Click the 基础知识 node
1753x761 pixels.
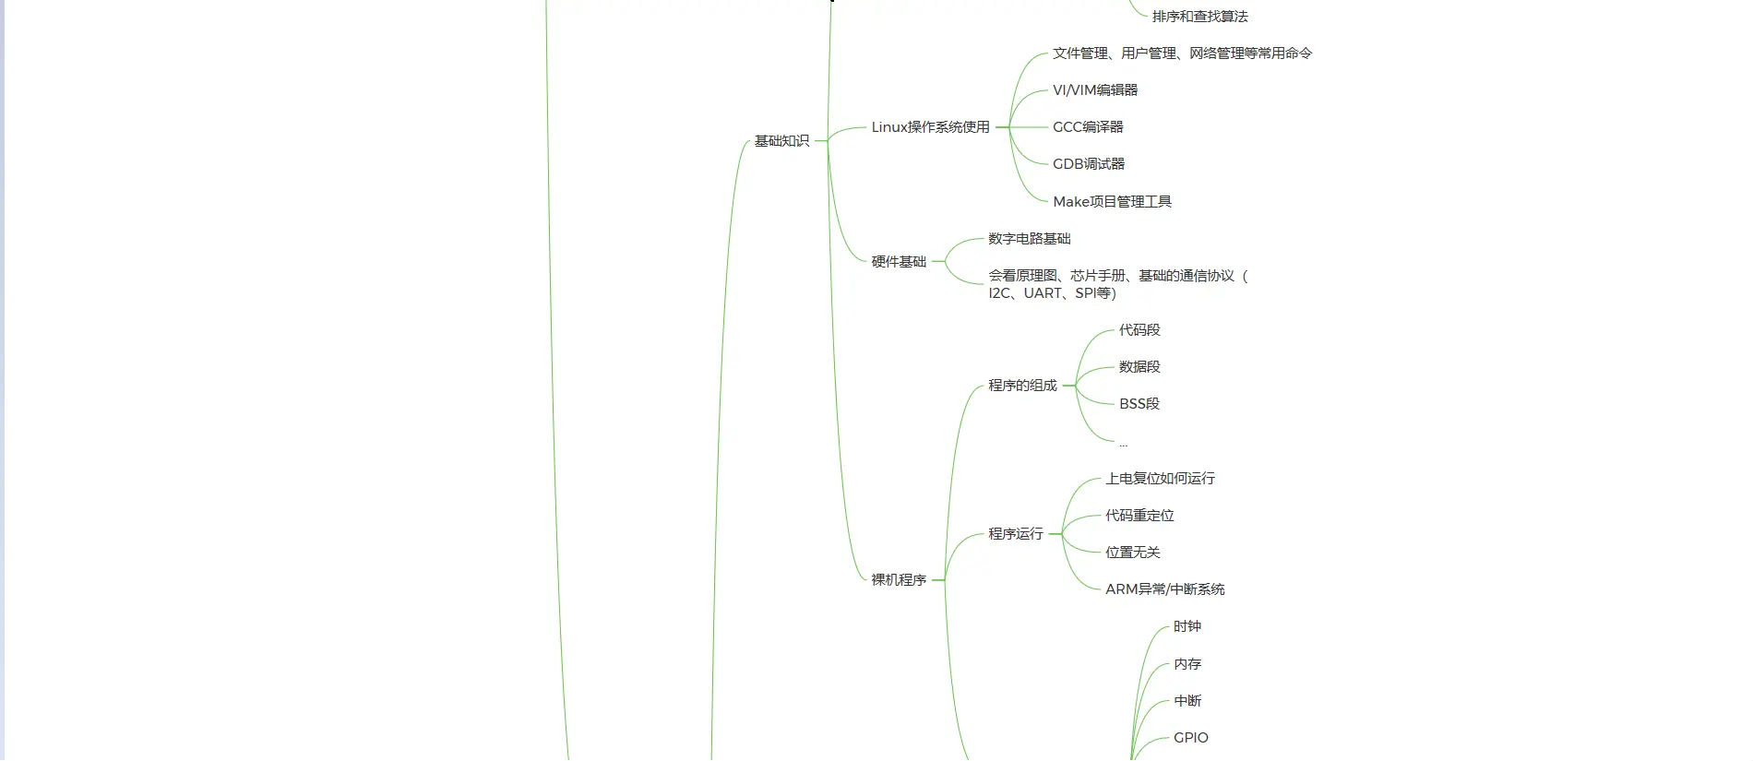781,141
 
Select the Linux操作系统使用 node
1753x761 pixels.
930,127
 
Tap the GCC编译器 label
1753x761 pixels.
1088,127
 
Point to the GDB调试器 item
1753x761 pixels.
1089,164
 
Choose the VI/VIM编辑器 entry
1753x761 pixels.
1095,90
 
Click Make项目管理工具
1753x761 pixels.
1112,202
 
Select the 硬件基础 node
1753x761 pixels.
899,262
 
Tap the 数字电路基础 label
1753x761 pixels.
1030,239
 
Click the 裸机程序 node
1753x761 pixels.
899,580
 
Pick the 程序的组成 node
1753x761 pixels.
1022,386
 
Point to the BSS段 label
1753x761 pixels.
1139,404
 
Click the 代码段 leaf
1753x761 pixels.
1139,330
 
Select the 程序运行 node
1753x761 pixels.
1016,534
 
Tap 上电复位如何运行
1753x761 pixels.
1160,479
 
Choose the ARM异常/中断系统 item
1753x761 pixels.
1165,589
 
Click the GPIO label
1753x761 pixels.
1191,738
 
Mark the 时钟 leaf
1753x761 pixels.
1187,627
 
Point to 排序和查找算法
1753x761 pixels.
1199,17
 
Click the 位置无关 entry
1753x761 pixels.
1133,553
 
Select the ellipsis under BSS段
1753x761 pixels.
1123,444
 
